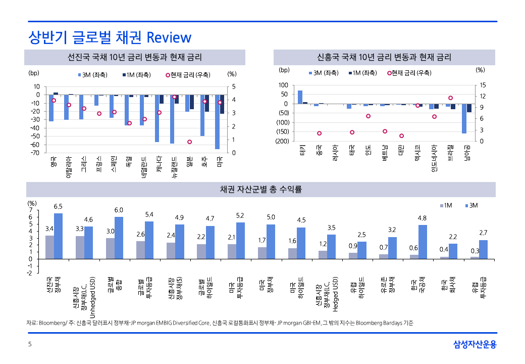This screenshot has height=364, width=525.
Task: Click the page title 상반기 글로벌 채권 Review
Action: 110,37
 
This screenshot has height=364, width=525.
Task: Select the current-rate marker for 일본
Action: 189,142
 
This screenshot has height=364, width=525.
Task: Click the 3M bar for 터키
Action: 300,97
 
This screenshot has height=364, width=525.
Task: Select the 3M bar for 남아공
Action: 464,118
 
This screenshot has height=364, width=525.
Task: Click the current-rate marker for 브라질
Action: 450,98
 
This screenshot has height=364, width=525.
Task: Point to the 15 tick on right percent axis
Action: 483,85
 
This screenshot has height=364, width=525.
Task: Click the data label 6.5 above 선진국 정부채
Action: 58,206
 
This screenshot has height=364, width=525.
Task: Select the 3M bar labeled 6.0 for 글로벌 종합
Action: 119,238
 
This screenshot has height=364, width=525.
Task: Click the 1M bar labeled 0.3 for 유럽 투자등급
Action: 475,257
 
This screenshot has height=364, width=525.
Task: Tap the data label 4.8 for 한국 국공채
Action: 422,218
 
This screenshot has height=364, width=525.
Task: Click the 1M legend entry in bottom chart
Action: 447,205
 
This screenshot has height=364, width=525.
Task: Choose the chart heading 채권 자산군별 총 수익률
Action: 261,189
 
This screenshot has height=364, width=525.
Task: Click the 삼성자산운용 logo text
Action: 475,344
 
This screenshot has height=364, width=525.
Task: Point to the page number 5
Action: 30,345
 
